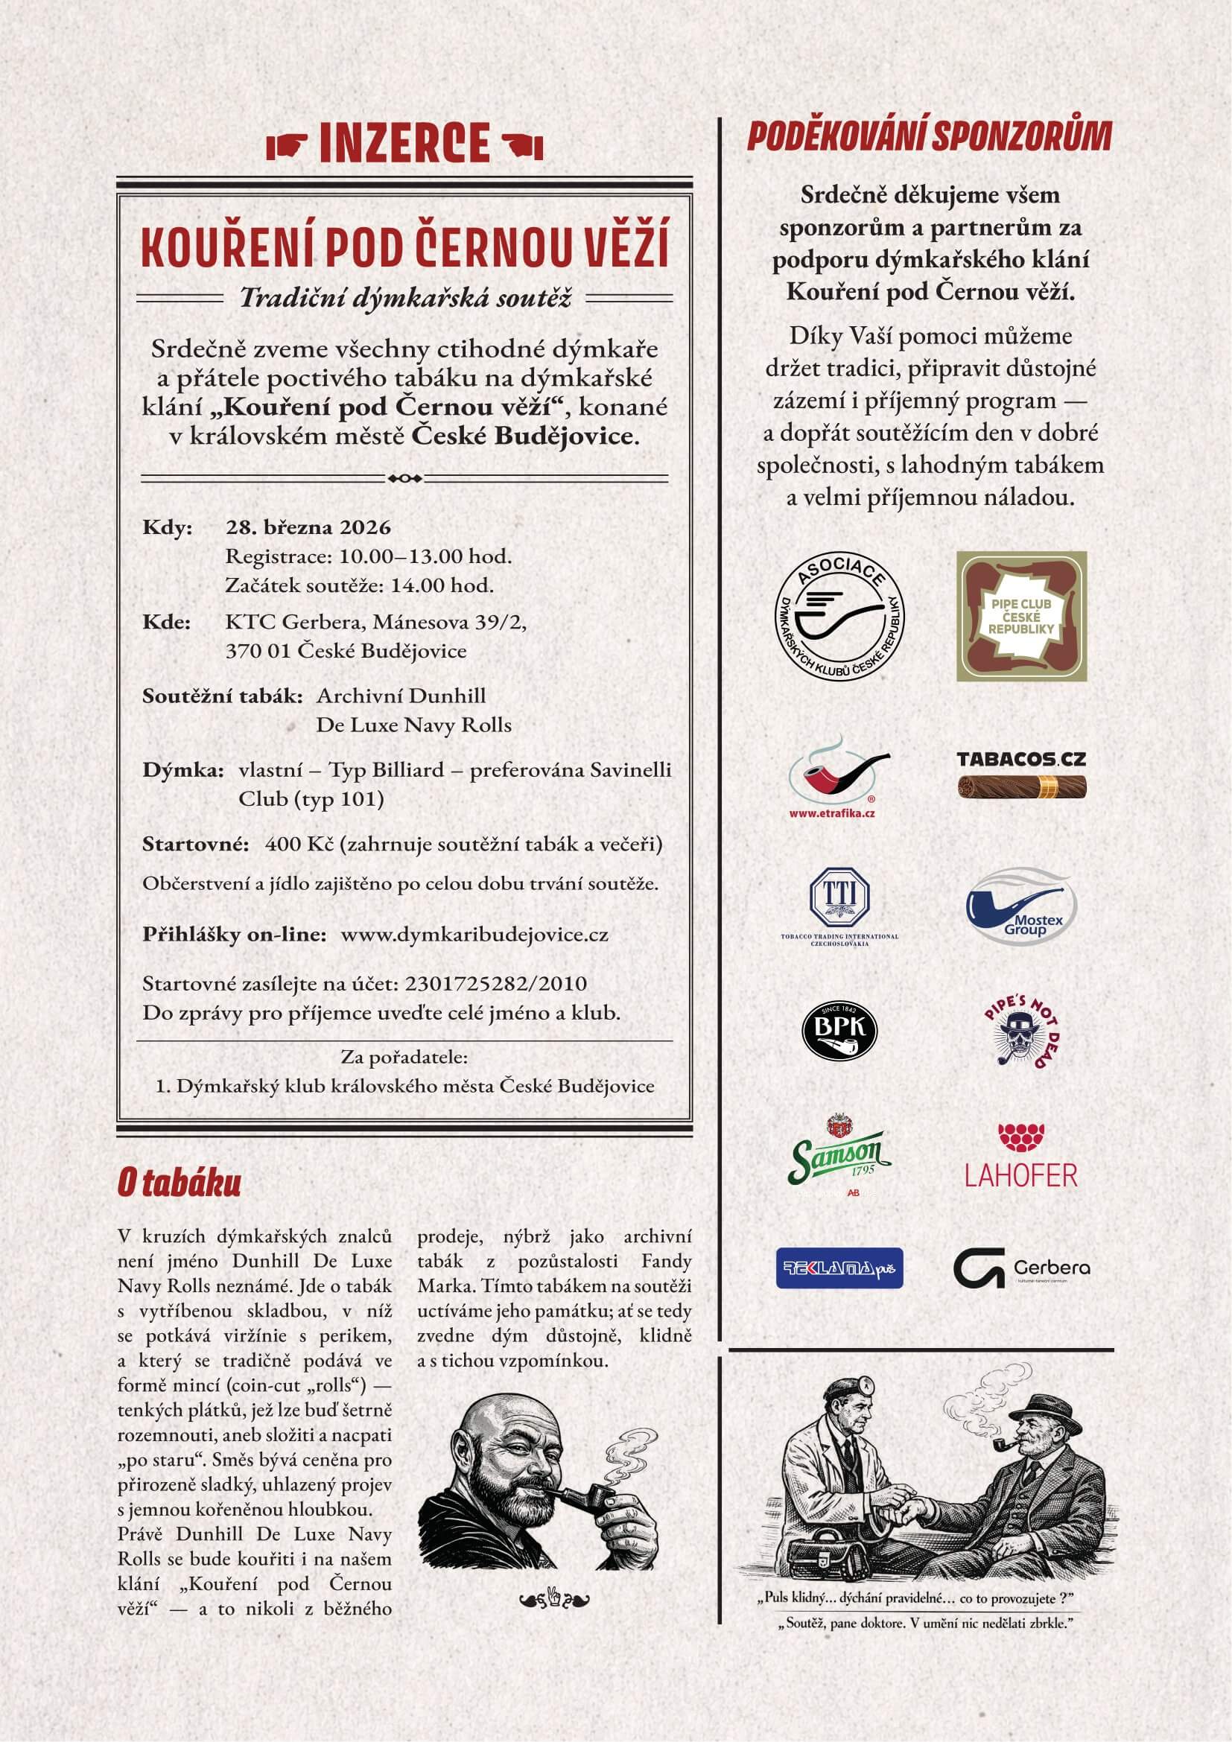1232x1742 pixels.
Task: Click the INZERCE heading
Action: [x=404, y=142]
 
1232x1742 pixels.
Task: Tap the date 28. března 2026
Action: [x=308, y=527]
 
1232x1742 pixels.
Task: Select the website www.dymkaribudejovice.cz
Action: [x=474, y=934]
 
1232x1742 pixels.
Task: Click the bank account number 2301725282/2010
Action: [x=496, y=984]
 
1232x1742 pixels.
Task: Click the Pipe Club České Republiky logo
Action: [x=1021, y=616]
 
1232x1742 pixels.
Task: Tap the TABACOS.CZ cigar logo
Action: [x=1021, y=775]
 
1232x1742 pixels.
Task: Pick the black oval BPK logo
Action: [x=839, y=1031]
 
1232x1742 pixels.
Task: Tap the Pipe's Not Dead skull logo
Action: [x=1022, y=1031]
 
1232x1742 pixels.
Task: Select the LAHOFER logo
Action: [x=1021, y=1157]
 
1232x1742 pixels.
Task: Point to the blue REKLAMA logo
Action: [x=839, y=1268]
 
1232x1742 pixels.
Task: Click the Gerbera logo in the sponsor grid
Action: [x=1021, y=1268]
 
